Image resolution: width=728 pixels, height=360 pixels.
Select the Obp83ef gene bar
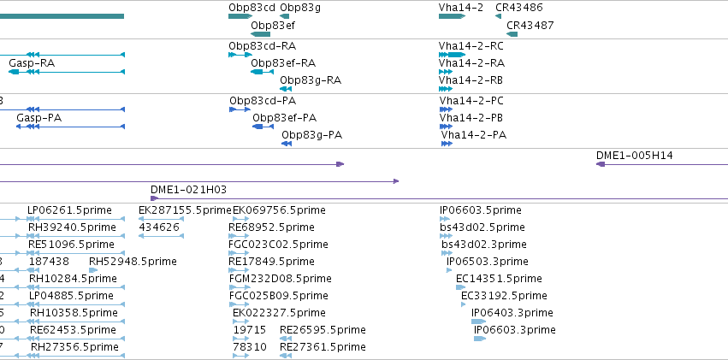tap(260, 34)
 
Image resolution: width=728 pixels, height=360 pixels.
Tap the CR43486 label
tap(519, 8)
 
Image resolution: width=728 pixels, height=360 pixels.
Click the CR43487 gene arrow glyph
tap(512, 34)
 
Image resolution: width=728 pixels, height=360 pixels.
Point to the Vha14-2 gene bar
tap(452, 16)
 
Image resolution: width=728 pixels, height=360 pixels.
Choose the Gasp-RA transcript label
tap(32, 62)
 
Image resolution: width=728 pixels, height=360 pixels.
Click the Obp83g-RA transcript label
tap(311, 80)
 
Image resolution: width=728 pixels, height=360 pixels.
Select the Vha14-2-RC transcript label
tap(471, 46)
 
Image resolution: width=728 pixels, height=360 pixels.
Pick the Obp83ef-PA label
tap(285, 118)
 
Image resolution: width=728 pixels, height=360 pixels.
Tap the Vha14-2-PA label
tap(474, 135)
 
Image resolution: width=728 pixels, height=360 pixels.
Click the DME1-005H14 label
tap(635, 156)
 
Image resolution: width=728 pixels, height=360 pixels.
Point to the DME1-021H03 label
tap(188, 189)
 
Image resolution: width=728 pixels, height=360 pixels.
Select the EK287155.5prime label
tap(185, 210)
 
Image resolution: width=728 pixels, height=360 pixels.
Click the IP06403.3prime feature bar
tap(479, 322)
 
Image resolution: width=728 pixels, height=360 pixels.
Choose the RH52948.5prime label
tap(133, 262)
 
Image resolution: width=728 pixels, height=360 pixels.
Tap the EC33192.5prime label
tap(504, 296)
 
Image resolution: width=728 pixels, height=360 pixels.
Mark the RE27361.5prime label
tap(323, 347)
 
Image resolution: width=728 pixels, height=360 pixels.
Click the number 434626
tap(159, 227)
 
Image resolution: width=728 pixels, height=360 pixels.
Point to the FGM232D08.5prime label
tap(281, 279)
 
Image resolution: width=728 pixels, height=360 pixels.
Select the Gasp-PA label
tap(39, 118)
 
